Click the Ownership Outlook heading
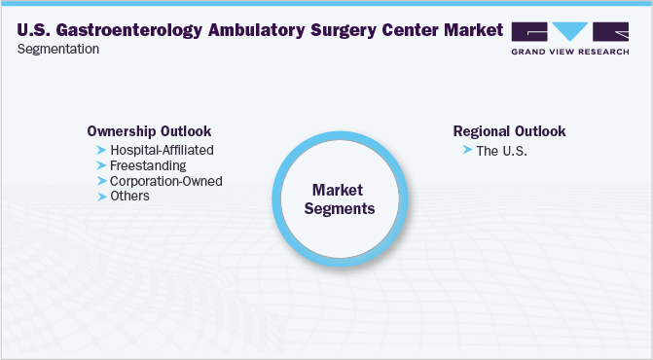tap(149, 131)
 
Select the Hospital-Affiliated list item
tap(162, 150)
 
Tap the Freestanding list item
tap(148, 165)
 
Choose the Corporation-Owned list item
tap(166, 181)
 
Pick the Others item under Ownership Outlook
tap(130, 197)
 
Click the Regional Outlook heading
tap(509, 131)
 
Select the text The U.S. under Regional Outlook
tap(501, 151)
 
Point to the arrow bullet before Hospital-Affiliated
tap(101, 150)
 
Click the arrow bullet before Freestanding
tap(101, 165)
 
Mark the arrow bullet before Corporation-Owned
tap(101, 181)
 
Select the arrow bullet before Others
tap(101, 197)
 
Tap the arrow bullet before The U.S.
tap(467, 151)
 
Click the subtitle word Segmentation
tap(58, 50)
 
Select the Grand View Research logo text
tap(570, 52)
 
